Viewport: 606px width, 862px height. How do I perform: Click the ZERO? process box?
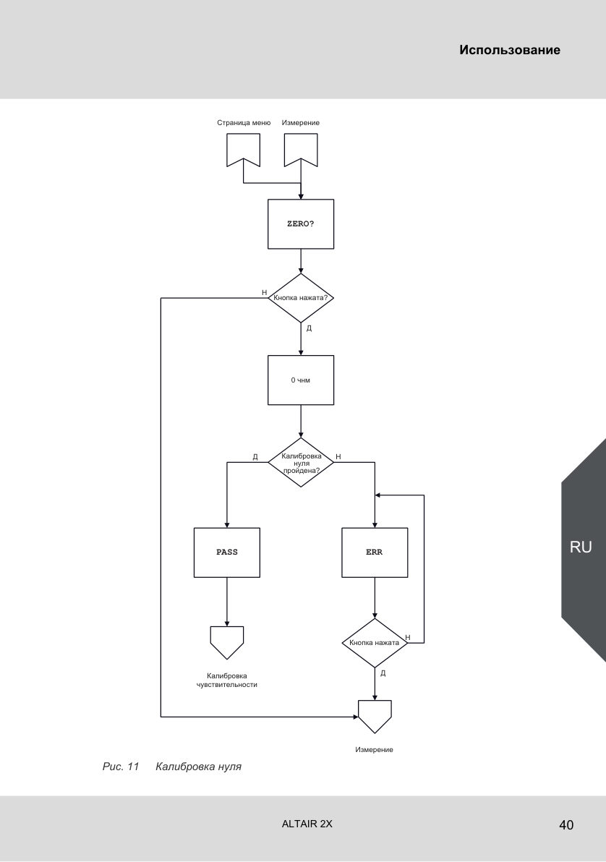[x=301, y=223]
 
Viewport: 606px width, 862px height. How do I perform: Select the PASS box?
[x=227, y=552]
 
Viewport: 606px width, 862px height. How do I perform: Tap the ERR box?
[x=375, y=552]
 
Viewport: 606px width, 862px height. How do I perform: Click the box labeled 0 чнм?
[x=301, y=380]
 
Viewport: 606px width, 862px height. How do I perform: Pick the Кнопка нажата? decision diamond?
[x=301, y=298]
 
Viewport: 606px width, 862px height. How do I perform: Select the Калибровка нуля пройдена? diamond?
[x=301, y=462]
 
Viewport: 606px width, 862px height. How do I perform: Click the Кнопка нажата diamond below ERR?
[x=375, y=643]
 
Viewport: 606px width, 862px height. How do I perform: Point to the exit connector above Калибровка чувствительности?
[x=227, y=641]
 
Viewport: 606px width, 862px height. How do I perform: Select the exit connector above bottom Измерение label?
[x=375, y=714]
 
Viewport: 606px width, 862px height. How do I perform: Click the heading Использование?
[x=510, y=50]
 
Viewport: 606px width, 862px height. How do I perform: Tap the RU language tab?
[x=581, y=547]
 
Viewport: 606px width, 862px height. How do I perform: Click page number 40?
[x=566, y=824]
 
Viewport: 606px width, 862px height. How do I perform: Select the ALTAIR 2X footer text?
[x=307, y=824]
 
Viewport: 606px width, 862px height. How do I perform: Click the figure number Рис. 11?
[x=121, y=767]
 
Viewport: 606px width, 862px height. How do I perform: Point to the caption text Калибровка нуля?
[x=199, y=767]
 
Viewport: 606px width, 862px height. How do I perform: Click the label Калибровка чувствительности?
[x=227, y=680]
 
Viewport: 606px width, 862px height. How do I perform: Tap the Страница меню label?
[x=244, y=123]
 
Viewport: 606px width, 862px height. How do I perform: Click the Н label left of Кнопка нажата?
[x=265, y=292]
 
